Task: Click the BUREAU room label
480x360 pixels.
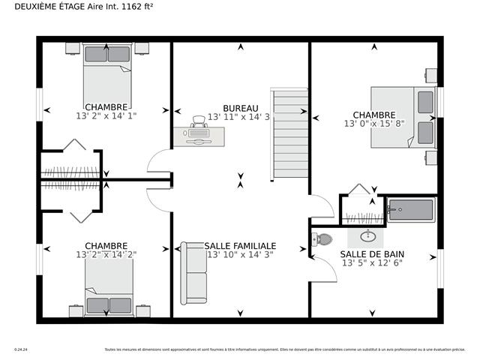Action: (x=240, y=108)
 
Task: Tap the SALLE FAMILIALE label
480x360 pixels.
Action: (x=229, y=246)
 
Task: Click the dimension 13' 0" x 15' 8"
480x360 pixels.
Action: (x=373, y=124)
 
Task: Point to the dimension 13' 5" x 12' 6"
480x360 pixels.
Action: (x=372, y=263)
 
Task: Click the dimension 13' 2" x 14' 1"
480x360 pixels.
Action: (x=106, y=116)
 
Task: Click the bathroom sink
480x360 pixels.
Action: (x=368, y=236)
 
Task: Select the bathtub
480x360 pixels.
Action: (x=410, y=210)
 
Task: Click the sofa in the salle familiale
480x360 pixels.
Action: (x=194, y=274)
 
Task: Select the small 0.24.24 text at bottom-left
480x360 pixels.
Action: (x=19, y=349)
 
